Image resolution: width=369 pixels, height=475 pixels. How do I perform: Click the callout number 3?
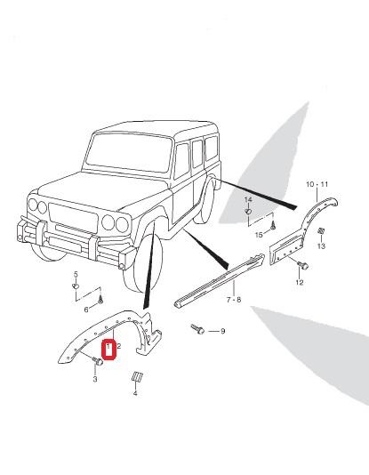coord(95,379)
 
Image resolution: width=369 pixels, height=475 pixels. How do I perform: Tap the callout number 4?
coord(135,393)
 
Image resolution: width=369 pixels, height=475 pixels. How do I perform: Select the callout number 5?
coord(76,275)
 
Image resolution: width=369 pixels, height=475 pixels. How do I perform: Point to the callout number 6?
coord(86,310)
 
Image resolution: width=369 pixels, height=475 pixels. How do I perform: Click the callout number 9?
coord(223,331)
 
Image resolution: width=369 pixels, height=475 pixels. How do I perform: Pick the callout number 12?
coord(300,282)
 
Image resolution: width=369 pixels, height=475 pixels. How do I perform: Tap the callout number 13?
coord(321,246)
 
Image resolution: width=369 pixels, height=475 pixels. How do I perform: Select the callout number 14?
coord(248,199)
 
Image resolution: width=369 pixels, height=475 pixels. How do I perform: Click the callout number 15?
coord(259,235)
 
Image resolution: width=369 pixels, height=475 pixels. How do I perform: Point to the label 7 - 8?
coord(234,300)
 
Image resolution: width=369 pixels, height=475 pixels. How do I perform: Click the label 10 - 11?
coord(317,184)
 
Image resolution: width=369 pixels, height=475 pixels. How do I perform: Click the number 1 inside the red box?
coord(108,346)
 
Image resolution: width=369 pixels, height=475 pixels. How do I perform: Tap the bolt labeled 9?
coord(197,329)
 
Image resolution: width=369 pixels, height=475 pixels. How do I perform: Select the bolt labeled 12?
coord(302,265)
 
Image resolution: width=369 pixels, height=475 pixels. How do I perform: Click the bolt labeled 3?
coord(97,361)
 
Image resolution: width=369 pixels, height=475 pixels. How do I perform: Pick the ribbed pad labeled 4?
coord(138,376)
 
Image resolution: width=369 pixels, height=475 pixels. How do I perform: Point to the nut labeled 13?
coord(321,231)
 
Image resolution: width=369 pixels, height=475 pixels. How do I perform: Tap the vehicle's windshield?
coord(128,153)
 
